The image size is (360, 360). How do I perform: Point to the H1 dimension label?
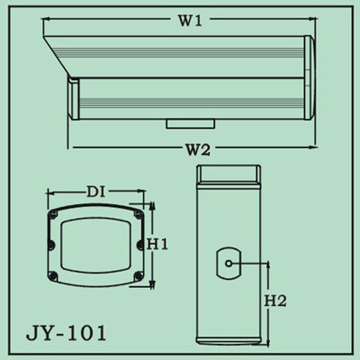coord(158,244)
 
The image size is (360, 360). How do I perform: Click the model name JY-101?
coord(66,332)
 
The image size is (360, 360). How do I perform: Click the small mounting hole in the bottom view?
coord(229,264)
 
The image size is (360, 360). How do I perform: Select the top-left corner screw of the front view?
coord(55,215)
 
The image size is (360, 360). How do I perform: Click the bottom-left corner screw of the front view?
coord(55,273)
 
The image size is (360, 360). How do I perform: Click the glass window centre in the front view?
coord(95,244)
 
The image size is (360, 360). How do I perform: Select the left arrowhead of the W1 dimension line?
coord(46,19)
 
